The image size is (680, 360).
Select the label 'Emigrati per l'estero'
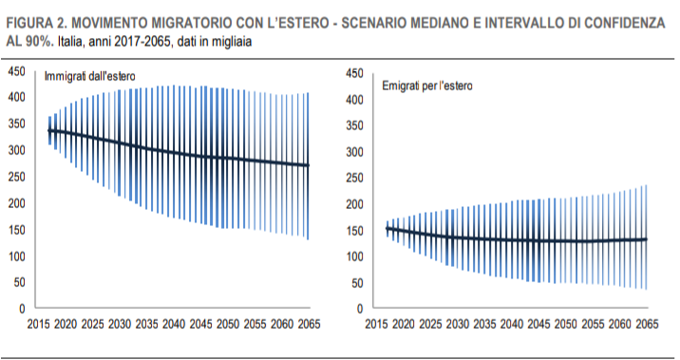click(x=427, y=85)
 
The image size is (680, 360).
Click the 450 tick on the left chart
click(x=17, y=73)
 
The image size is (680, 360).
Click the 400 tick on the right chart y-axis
click(x=353, y=100)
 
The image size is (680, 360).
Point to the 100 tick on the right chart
click(x=353, y=256)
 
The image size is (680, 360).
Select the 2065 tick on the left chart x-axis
click(x=309, y=324)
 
